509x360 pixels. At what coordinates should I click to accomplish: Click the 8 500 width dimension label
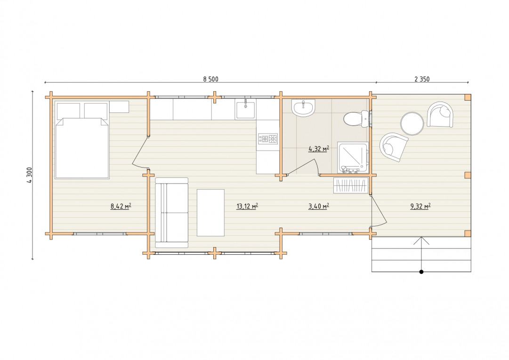tap(210, 79)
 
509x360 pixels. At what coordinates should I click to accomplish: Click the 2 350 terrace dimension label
tap(422, 79)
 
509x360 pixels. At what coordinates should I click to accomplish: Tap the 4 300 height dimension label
tap(30, 175)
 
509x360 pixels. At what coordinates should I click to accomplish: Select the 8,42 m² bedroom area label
tap(121, 206)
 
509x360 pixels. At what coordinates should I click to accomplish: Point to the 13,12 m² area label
tap(247, 206)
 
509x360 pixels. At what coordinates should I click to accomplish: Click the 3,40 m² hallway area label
tap(319, 206)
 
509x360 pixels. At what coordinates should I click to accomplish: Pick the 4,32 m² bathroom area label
tap(319, 149)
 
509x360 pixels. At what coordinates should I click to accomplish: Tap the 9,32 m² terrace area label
tap(420, 206)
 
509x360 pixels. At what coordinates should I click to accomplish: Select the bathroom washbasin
tap(303, 107)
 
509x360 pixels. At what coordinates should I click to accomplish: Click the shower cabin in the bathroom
tap(353, 157)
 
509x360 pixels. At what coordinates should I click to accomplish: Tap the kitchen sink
tap(245, 109)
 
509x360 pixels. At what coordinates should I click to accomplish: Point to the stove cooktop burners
tap(268, 139)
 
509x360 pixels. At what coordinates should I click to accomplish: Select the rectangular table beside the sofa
tap(210, 213)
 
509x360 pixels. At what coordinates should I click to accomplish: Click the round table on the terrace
tap(412, 123)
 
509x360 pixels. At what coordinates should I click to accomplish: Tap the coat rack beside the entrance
tap(351, 185)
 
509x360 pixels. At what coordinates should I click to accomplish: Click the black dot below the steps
tap(421, 272)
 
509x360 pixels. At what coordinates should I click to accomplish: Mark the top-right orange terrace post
tap(468, 97)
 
